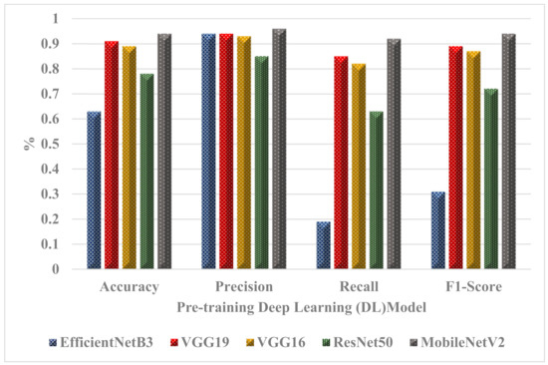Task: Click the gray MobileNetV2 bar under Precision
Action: click(x=279, y=150)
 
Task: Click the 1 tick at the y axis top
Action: click(x=65, y=19)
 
